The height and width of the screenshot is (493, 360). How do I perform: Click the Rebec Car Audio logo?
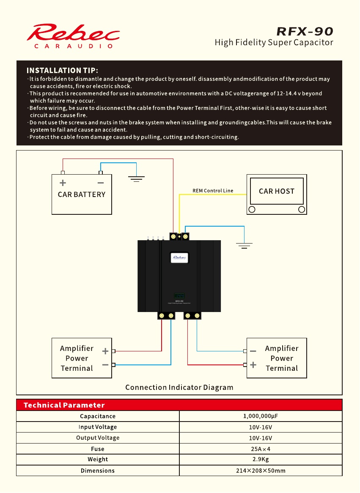pos(73,36)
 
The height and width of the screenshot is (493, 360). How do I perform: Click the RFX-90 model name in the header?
pos(305,31)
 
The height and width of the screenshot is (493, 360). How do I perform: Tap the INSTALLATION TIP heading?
pos(62,71)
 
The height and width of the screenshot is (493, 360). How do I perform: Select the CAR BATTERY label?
pos(82,194)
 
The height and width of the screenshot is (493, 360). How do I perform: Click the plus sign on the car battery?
pos(63,183)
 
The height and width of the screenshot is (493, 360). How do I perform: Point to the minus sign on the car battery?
pos(101,183)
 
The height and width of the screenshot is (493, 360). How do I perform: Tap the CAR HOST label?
pos(277,191)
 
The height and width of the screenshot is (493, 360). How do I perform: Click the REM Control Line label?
pos(213,191)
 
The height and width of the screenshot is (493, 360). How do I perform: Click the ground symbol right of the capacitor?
pos(244,246)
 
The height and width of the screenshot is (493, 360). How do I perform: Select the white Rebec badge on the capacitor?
pos(179,257)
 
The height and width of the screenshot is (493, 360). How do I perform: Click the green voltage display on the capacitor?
pos(179,296)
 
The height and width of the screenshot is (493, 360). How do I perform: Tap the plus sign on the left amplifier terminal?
pos(105,351)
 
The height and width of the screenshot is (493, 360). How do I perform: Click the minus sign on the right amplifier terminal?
pos(253,351)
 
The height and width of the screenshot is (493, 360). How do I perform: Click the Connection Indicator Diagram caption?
pos(179,387)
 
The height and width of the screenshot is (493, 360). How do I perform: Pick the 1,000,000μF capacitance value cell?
pos(261,416)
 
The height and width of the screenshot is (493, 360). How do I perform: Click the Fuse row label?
pos(98,449)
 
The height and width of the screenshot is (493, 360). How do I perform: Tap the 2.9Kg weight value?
pos(261,459)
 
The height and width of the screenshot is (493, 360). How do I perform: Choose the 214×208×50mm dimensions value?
pos(261,471)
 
